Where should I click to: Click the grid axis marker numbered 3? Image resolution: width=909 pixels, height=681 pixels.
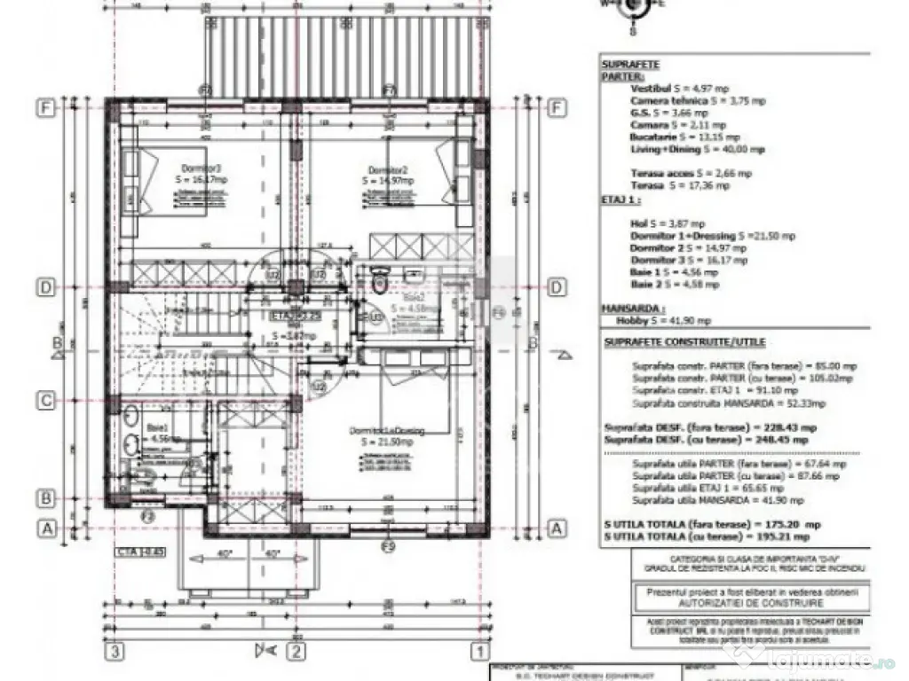point(113,652)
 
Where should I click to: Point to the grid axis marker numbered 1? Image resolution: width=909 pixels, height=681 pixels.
point(479,652)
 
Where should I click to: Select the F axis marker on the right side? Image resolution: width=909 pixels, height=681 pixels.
point(557,108)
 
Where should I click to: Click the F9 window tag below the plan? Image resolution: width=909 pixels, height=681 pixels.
point(388,545)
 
